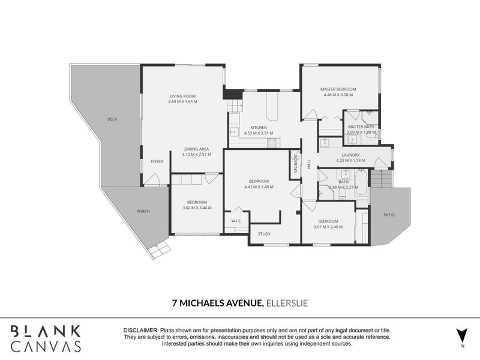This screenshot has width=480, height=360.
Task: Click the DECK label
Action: coord(112,119)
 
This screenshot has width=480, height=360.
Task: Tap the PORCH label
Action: coord(143,211)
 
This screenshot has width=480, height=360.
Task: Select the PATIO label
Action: coord(389,215)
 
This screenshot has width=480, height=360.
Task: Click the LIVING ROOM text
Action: coord(183,96)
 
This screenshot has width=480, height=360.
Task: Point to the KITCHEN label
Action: coord(259,128)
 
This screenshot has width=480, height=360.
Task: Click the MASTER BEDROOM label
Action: coord(338,89)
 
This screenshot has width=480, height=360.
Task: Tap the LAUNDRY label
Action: coord(350,155)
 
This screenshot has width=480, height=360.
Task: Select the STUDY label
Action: coord(264,234)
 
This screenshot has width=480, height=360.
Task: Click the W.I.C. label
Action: coord(236,221)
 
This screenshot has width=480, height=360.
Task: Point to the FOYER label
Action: coord(157,161)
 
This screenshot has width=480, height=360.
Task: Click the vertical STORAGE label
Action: coord(296,164)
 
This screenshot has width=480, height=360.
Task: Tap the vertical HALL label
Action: coord(309,164)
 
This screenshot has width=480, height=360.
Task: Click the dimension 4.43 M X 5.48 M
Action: coord(259,187)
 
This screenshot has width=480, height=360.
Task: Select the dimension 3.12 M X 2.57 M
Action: coord(197,155)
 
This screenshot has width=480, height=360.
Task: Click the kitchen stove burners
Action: coord(272,143)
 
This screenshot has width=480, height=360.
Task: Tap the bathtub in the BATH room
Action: coord(361,183)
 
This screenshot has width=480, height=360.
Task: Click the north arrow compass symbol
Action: coord(462,336)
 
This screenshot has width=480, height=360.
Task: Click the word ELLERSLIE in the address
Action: coord(287,304)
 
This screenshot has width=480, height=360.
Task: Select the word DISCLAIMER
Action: coord(140,331)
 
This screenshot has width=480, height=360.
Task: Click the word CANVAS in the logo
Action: coord(46,346)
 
